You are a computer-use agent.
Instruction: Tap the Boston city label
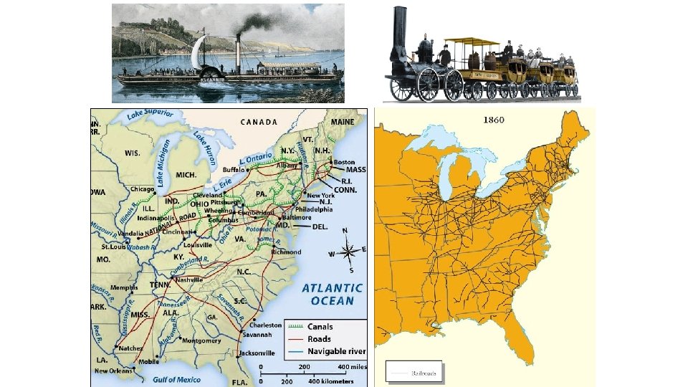(344, 162)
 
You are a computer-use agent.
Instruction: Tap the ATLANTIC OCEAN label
(332, 294)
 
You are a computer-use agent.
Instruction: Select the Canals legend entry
(320, 326)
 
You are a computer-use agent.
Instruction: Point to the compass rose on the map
(350, 250)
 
